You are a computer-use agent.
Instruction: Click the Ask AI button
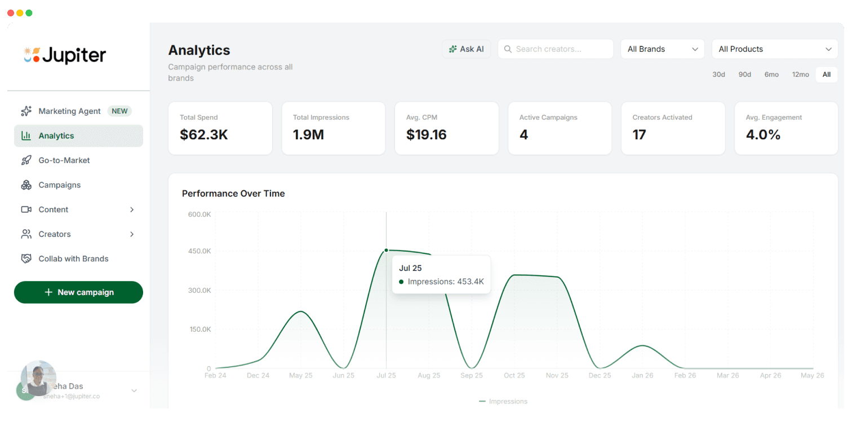(466, 49)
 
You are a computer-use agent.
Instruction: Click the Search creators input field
(555, 49)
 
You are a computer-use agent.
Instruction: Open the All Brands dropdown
(662, 49)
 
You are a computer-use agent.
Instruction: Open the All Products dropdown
(775, 49)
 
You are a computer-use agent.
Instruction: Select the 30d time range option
(718, 74)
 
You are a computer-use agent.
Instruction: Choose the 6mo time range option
(771, 74)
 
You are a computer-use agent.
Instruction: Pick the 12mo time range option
(800, 74)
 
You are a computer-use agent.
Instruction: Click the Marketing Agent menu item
(69, 111)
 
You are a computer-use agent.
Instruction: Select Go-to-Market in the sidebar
(64, 160)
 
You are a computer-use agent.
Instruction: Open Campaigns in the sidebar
(59, 185)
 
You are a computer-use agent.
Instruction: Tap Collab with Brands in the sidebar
(73, 259)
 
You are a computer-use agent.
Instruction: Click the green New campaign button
(78, 292)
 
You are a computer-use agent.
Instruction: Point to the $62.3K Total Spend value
(204, 135)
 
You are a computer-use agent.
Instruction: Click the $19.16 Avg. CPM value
(426, 135)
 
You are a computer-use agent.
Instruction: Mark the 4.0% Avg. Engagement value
(763, 135)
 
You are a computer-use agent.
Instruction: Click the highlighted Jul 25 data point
(386, 250)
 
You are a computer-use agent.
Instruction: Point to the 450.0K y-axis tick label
(199, 251)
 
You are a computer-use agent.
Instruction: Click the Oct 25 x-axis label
(514, 375)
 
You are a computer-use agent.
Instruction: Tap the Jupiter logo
(65, 55)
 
